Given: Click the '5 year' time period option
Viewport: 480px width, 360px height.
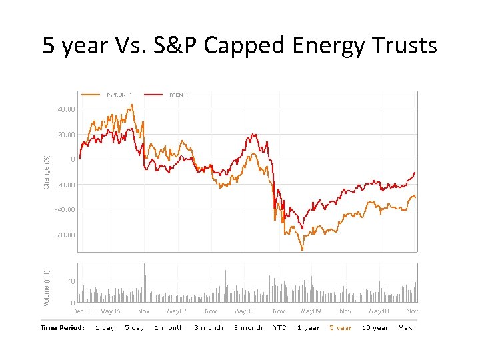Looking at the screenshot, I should [340, 327].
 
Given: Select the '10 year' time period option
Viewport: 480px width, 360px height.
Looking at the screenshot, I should [375, 327].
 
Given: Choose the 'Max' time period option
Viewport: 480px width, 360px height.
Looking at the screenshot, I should [405, 327].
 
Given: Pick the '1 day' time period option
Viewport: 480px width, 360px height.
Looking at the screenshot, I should [104, 327].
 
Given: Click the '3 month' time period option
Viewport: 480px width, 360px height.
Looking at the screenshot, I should [209, 327].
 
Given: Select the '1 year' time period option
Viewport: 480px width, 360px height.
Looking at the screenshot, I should [308, 327].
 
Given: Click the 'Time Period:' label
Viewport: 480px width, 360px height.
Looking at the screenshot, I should [63, 327].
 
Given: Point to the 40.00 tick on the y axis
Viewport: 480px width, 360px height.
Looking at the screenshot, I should [65, 109].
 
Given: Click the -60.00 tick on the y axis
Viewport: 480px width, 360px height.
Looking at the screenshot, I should [65, 235].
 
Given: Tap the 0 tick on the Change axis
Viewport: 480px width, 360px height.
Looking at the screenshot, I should [72, 159].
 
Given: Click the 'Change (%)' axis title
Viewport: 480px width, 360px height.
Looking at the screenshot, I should [47, 171].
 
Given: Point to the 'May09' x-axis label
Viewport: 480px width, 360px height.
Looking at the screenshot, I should [311, 311].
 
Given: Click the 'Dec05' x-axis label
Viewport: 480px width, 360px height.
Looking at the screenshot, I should [83, 311].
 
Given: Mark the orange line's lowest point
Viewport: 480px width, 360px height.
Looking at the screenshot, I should [302, 250].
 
